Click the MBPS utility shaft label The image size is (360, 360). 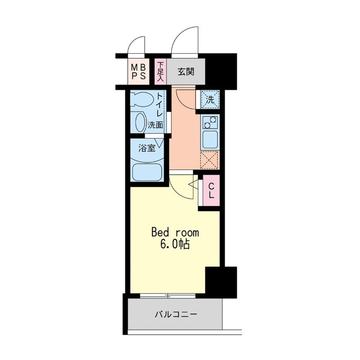click(x=139, y=72)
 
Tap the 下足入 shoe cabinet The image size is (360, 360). click(x=160, y=72)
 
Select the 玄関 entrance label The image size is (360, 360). click(x=186, y=72)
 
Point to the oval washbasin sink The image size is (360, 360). click(x=141, y=122)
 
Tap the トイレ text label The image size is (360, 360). click(x=160, y=106)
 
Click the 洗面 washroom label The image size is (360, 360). click(x=155, y=125)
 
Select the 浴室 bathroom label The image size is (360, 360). click(x=147, y=148)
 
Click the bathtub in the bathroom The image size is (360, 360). click(x=147, y=172)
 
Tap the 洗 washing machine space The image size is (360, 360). click(x=210, y=99)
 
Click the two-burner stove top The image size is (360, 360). click(x=210, y=122)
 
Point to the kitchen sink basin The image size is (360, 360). click(x=210, y=139)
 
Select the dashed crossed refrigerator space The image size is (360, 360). click(x=209, y=160)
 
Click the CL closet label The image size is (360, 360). click(x=211, y=191)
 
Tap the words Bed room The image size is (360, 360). click(x=175, y=233)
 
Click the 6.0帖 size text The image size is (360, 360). click(x=175, y=244)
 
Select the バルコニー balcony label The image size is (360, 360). click(x=175, y=314)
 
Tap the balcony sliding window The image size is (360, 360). click(x=167, y=296)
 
